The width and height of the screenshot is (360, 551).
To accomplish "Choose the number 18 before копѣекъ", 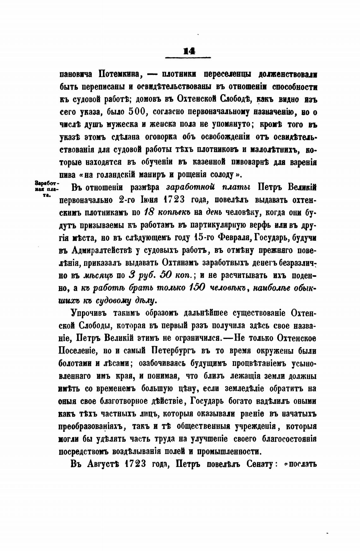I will pos(149,212).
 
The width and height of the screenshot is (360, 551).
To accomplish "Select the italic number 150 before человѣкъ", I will pos(197,288).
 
